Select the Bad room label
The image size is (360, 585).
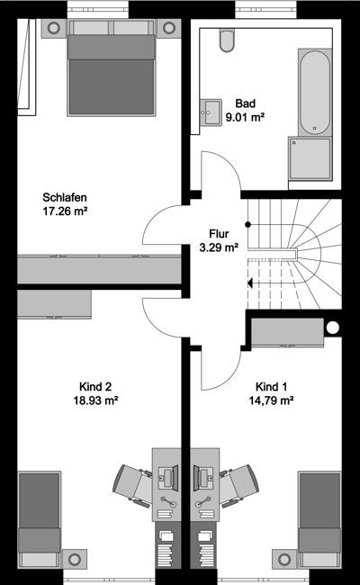point(245,103)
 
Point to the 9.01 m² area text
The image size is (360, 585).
point(245,116)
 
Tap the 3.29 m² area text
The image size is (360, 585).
point(219,245)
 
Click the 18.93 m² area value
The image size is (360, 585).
point(99,401)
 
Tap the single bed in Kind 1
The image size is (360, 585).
point(319,513)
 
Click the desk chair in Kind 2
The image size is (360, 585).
point(130,486)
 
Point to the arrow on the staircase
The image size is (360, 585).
point(251,283)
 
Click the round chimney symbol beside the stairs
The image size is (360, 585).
point(333,328)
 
